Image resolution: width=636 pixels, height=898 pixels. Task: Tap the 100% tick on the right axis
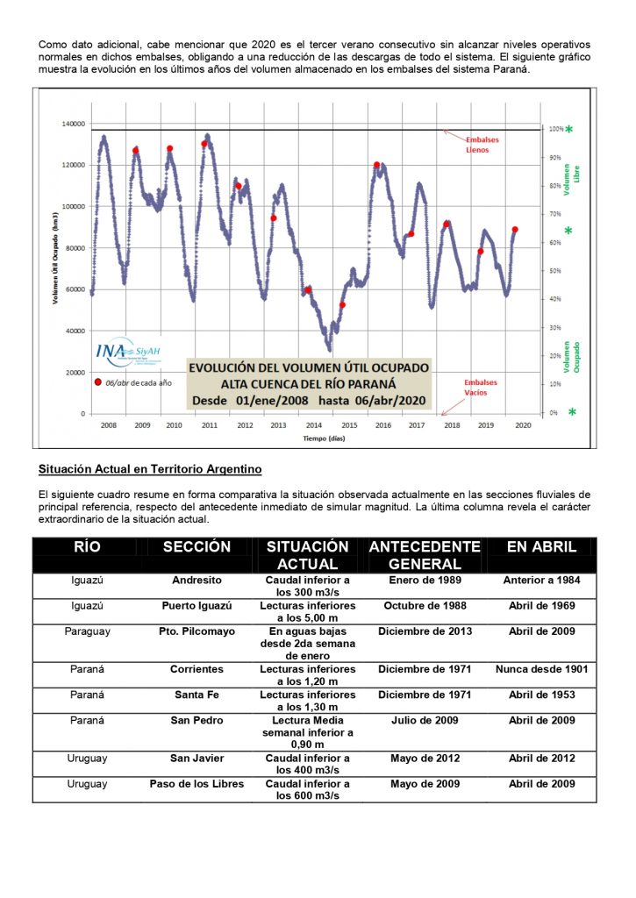point(555,130)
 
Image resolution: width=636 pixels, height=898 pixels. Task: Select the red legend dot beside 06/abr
point(97,382)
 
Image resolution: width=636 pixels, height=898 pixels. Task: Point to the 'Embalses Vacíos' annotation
point(481,387)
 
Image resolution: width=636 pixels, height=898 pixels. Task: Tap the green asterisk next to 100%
point(568,131)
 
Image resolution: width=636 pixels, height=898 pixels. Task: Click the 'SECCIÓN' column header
point(197,546)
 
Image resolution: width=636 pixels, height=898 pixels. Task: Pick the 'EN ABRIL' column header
point(541,546)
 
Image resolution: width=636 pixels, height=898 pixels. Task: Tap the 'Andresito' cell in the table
point(197,580)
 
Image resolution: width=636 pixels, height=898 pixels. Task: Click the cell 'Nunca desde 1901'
point(541,669)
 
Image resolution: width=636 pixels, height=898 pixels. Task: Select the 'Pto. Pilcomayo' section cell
point(197,631)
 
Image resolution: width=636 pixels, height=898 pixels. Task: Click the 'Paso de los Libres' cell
point(197,783)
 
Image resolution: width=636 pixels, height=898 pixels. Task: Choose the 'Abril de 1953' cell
point(541,695)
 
